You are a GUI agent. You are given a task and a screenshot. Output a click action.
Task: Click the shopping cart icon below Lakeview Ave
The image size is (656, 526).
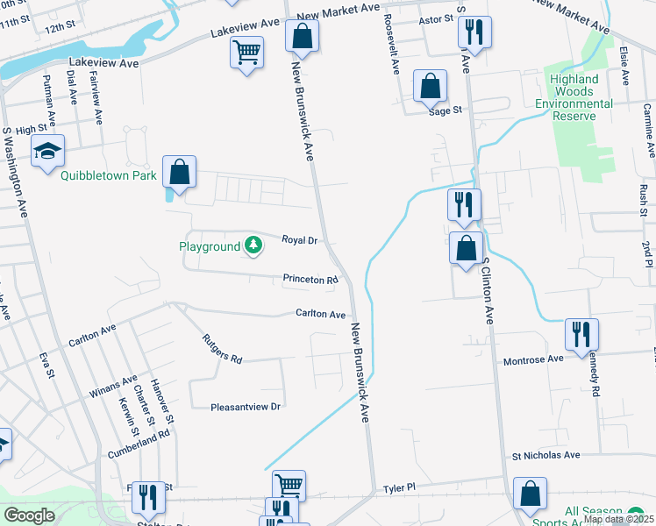pyautogui.click(x=246, y=53)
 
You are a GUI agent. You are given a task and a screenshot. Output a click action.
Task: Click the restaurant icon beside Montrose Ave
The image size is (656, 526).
pyautogui.click(x=581, y=335)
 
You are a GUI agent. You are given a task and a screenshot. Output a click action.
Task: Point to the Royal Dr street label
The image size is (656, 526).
pyautogui.click(x=299, y=239)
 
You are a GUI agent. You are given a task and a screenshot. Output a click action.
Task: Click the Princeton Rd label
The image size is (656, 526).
pyautogui.click(x=310, y=281)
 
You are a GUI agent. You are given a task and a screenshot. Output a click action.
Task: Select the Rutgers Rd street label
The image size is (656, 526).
pyautogui.click(x=221, y=347)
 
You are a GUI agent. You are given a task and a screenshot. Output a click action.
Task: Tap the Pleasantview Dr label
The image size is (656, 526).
pyautogui.click(x=246, y=407)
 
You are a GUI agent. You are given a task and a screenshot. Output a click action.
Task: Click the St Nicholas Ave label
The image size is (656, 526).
pyautogui.click(x=546, y=456)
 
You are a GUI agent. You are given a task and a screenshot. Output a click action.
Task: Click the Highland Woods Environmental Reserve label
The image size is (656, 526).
pyautogui.click(x=581, y=91)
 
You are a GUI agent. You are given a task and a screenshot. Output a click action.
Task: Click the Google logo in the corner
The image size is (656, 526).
pyautogui.click(x=29, y=515)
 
